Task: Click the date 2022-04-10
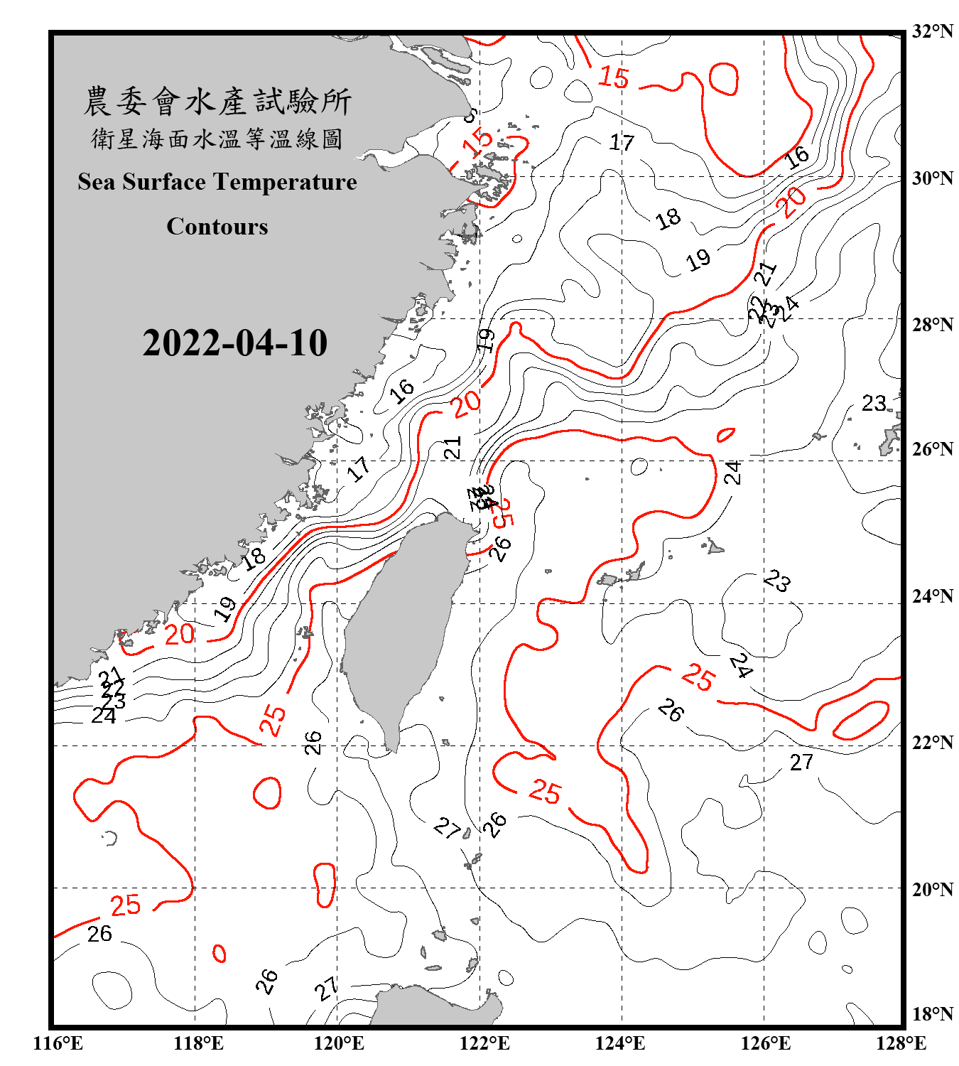[234, 343]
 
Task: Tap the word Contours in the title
[217, 226]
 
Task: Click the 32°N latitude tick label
[932, 31]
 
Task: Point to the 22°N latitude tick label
[932, 743]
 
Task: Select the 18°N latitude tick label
[932, 1014]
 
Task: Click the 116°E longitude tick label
[58, 1043]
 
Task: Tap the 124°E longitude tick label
[620, 1043]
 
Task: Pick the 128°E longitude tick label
[901, 1043]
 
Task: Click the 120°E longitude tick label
[339, 1043]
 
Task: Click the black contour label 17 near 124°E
[622, 143]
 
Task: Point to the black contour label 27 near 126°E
[801, 762]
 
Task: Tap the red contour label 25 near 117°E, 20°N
[126, 905]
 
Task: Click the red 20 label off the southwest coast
[179, 634]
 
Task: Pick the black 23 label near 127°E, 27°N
[874, 404]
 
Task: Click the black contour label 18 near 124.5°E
[668, 218]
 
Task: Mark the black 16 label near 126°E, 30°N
[797, 157]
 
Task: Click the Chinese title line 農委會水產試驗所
[217, 102]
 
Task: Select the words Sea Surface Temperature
[217, 182]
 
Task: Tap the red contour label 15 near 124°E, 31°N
[613, 77]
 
